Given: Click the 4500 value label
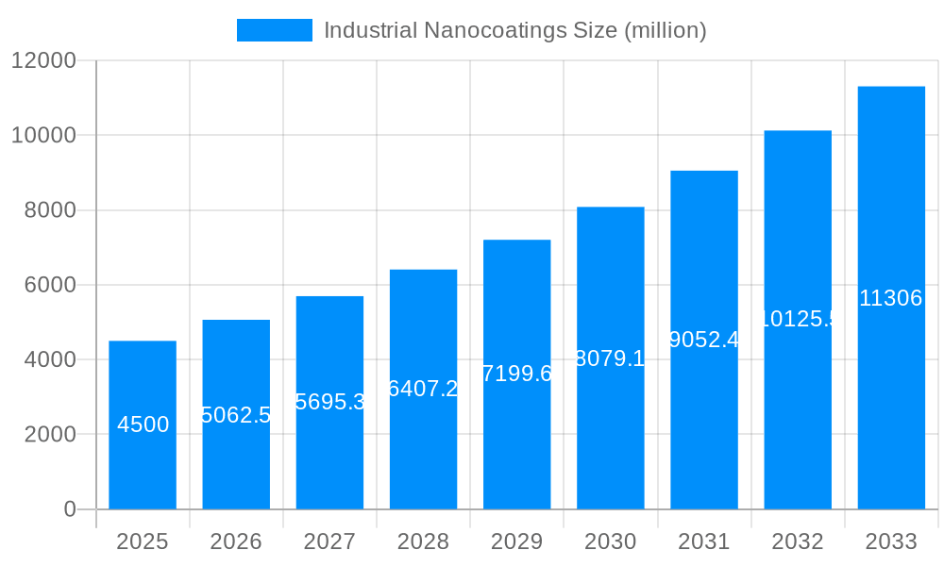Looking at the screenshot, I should tap(143, 424).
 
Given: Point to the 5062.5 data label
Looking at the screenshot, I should tap(236, 415).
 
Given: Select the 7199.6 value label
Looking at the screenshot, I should tap(516, 374).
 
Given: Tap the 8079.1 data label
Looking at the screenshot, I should tap(610, 358).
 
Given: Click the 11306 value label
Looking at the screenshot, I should tap(891, 298).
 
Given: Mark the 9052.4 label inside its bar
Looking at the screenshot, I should tap(704, 340).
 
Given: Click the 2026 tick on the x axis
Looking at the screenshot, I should tap(236, 541).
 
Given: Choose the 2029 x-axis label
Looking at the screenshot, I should tap(516, 541).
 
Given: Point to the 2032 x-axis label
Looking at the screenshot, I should tap(798, 541).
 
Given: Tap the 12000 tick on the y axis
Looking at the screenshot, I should tap(42, 60).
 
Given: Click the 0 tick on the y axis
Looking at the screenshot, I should tap(69, 509).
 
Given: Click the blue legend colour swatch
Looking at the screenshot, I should tap(274, 30).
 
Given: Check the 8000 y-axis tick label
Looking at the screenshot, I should tap(49, 210).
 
